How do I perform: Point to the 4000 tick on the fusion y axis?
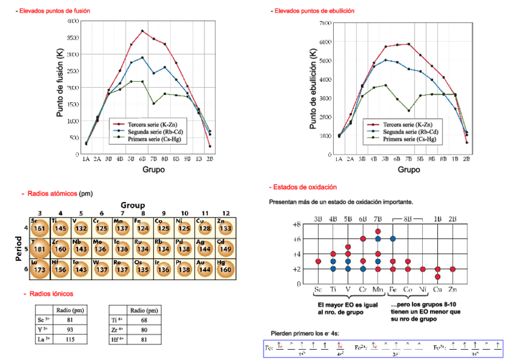(72, 21)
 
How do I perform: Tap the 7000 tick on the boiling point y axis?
(325, 23)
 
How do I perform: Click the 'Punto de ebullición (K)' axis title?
(313, 89)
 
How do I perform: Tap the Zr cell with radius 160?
(61, 248)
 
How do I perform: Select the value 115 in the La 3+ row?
(70, 340)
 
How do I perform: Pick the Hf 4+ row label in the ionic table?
(117, 340)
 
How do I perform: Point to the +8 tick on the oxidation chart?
(296, 224)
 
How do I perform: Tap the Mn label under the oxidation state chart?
(378, 290)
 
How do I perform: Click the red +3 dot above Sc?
(318, 261)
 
